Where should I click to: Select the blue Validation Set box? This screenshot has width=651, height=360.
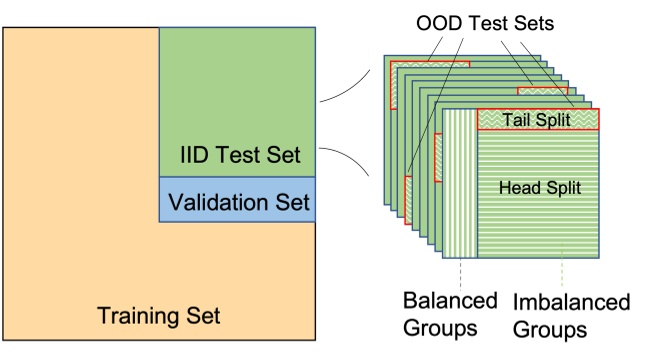(237, 199)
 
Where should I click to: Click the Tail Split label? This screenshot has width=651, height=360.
(536, 120)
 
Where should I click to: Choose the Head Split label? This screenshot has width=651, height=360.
(536, 187)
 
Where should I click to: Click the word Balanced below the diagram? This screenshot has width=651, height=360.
(449, 300)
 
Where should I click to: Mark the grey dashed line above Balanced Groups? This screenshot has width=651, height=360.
(460, 273)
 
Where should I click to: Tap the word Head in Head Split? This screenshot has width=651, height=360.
(515, 187)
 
